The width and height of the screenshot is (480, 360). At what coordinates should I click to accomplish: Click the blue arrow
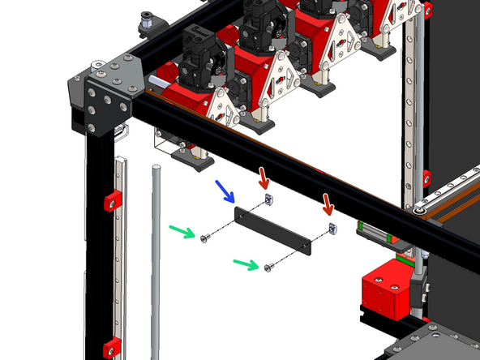[225, 192]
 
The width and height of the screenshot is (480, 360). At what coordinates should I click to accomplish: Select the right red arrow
[328, 203]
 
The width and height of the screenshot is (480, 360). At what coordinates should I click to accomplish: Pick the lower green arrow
[246, 264]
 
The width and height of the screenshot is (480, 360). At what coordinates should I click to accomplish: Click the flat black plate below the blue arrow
[272, 230]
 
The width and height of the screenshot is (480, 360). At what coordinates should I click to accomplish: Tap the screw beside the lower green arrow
[267, 268]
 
